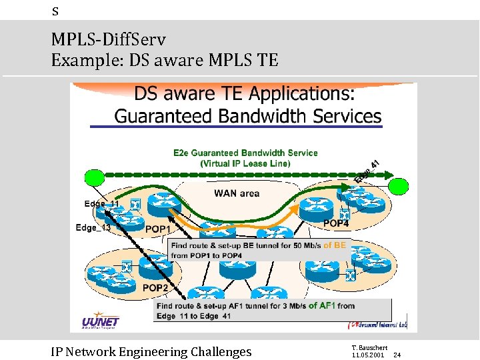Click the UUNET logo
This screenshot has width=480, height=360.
100,319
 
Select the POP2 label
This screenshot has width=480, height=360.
155,288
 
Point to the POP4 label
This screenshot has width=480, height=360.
335,223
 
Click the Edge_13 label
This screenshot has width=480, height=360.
93,228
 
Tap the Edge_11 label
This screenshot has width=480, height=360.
102,203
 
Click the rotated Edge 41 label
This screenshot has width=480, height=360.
367,171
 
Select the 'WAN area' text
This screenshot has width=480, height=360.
237,193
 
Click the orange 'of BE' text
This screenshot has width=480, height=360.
335,245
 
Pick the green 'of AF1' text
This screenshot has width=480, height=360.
323,306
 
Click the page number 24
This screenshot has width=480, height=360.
397,355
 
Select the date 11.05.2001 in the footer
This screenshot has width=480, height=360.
367,355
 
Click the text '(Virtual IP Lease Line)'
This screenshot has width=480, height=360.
245,163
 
